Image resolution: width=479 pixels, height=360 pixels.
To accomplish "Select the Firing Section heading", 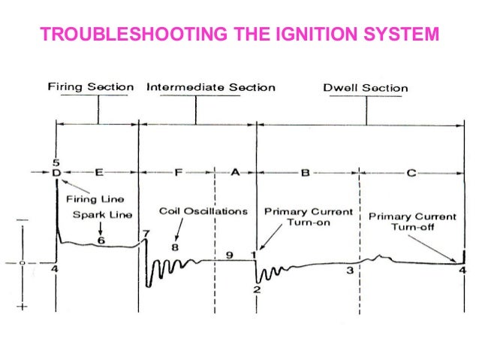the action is (x=90, y=87).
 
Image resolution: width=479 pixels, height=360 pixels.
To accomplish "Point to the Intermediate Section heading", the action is (x=211, y=87).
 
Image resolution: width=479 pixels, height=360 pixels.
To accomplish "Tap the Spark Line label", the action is (x=102, y=215).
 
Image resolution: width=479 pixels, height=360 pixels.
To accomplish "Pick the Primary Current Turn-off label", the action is (x=412, y=222).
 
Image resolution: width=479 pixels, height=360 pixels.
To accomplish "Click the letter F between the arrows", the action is (x=179, y=173).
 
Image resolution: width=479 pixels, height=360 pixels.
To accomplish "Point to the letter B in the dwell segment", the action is (x=306, y=173).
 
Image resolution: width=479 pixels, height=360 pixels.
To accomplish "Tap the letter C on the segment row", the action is (x=411, y=173).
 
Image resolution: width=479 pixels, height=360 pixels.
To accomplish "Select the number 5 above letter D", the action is (x=56, y=163).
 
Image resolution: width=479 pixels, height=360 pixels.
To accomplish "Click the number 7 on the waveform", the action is (x=146, y=234).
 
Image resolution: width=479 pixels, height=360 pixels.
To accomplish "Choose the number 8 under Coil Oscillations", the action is (x=175, y=246).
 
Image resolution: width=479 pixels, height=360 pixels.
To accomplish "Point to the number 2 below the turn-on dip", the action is (x=256, y=289).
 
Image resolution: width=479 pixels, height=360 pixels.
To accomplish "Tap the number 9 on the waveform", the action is (x=230, y=255).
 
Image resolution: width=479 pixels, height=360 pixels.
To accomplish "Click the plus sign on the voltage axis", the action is (x=23, y=307).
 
